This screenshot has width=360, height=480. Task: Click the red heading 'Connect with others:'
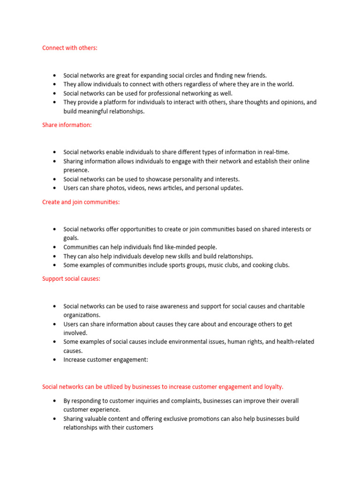tap(70, 48)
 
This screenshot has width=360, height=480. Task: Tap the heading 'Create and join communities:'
tap(81, 202)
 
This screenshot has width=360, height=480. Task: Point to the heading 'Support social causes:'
tap(71, 279)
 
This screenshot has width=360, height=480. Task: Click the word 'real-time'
tap(275, 152)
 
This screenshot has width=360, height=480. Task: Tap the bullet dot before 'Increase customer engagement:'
tap(55, 360)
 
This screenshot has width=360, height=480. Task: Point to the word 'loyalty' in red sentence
tap(272, 387)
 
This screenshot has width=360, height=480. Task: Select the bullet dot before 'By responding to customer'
tap(55, 401)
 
